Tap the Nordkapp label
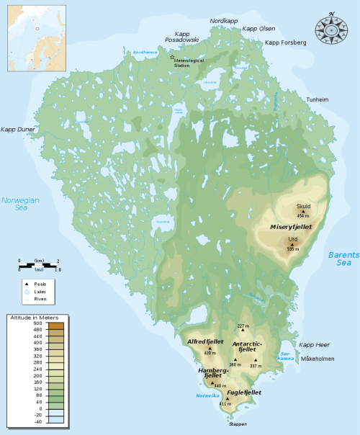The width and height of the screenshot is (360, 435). pos(223,22)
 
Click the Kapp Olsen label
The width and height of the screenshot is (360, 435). pos(259,28)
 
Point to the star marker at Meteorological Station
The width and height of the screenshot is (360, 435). pos(171,56)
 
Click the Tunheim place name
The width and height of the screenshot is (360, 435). pos(318,99)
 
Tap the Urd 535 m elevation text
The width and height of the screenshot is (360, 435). pos(292,249)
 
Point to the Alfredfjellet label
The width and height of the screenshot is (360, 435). pos(205,341)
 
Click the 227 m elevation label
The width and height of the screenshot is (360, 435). pos(243,326)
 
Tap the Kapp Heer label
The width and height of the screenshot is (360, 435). pos(313,345)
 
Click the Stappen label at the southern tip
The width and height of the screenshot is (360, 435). pos(238,424)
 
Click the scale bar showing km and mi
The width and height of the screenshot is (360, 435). pos(38,265)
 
